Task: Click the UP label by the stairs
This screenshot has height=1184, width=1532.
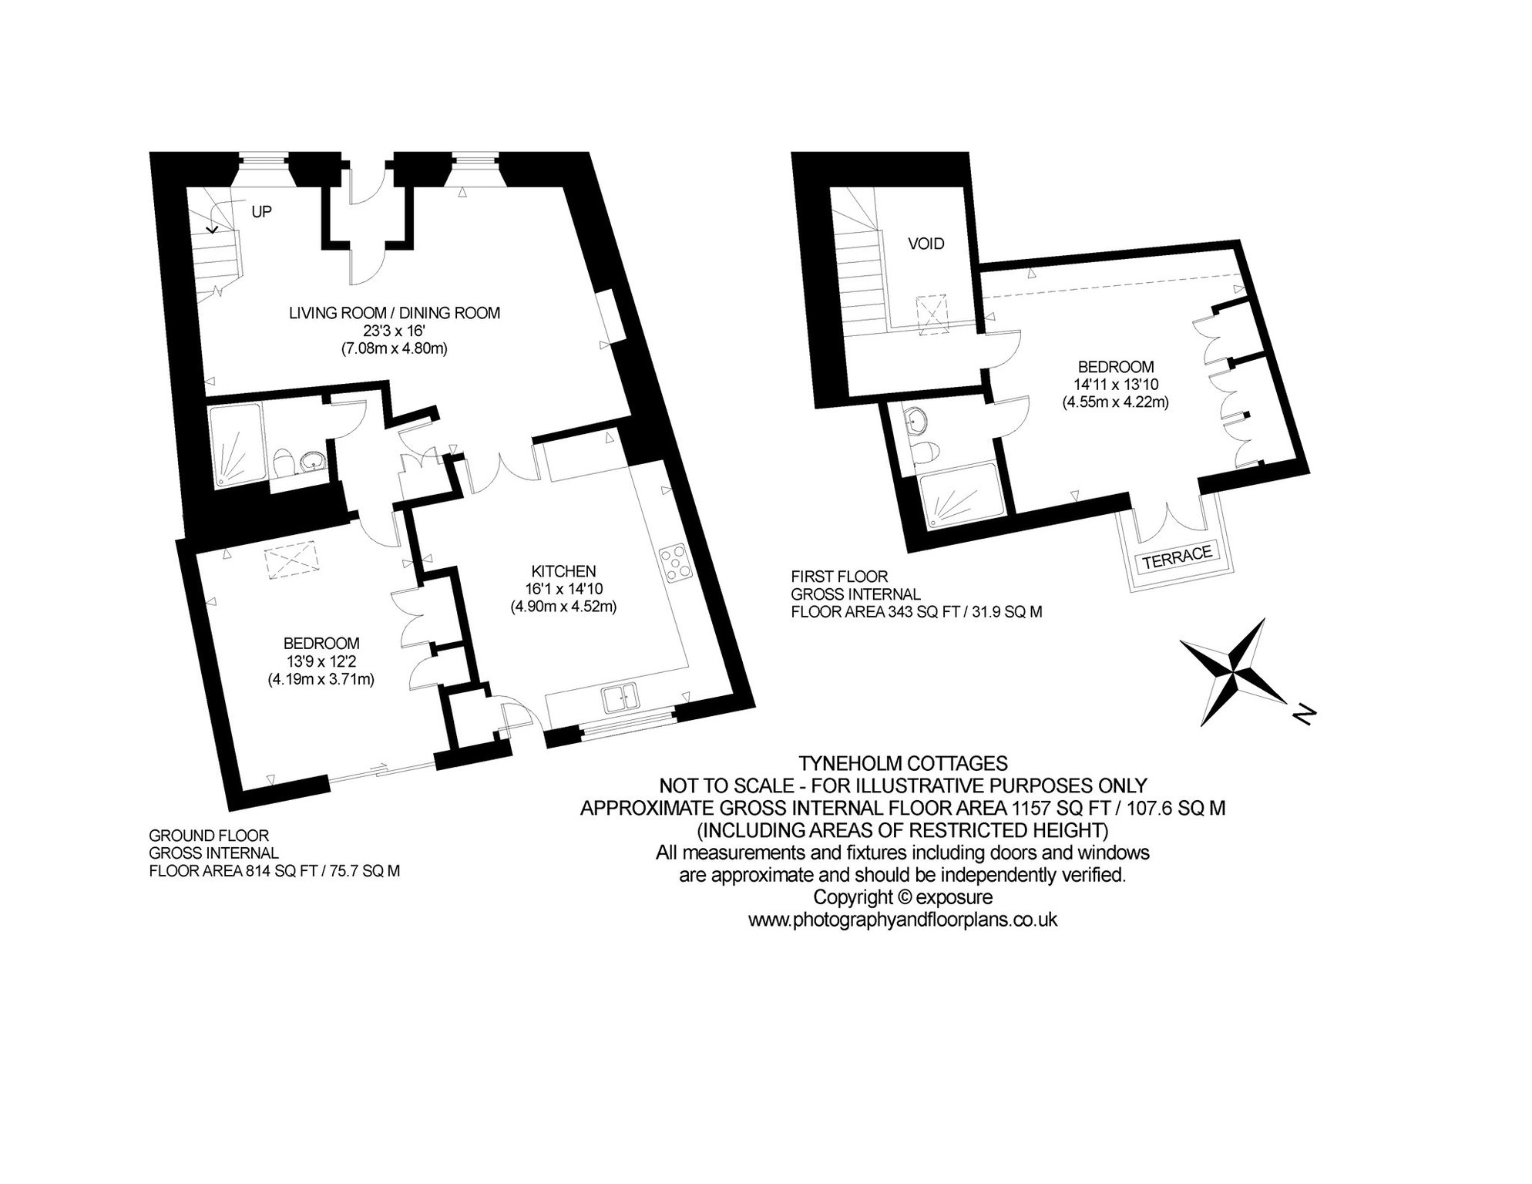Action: [x=262, y=211]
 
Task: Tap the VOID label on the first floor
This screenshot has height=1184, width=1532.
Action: [x=926, y=244]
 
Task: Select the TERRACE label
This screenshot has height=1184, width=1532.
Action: [x=1178, y=557]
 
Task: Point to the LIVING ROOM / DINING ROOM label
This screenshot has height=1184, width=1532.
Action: [x=395, y=313]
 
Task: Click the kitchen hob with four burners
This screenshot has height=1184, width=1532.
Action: [x=675, y=564]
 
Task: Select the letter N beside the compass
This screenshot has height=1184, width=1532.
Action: [x=1302, y=715]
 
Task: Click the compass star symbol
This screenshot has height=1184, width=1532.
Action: [x=1233, y=671]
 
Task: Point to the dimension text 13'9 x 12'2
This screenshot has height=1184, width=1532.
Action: [x=321, y=661]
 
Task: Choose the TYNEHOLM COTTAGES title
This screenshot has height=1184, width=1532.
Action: [x=902, y=763]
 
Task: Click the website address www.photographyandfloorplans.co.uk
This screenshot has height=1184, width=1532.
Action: [x=902, y=920]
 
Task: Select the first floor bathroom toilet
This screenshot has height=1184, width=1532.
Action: [x=926, y=452]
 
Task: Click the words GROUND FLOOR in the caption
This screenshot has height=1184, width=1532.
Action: [x=208, y=836]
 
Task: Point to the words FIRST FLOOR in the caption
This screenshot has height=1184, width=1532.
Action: [x=839, y=576]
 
